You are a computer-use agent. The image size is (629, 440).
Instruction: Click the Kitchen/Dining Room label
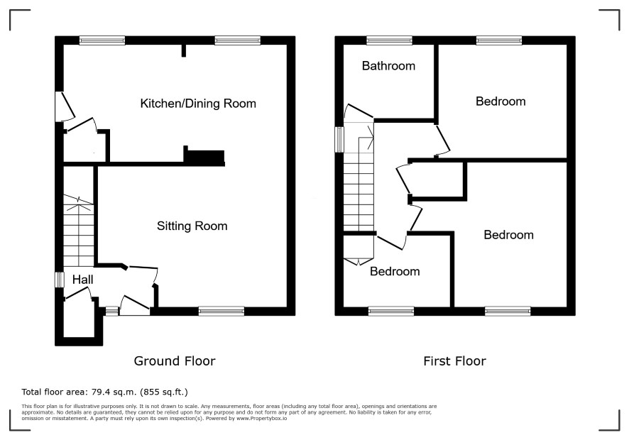pos(198,104)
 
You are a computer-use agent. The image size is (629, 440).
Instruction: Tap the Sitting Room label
pos(192,226)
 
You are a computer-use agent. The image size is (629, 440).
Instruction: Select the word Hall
pos(82,280)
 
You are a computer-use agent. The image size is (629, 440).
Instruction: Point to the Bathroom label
pos(388,66)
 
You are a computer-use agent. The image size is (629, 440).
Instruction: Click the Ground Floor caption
pos(175,361)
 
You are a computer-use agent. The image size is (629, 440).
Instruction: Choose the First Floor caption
pos(454,361)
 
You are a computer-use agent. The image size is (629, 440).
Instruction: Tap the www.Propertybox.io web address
pos(261,418)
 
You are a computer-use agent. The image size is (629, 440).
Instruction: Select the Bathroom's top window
pos(389,40)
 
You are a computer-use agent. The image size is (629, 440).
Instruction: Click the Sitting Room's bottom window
pos(221,311)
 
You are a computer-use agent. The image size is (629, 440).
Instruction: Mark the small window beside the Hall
pos(60,280)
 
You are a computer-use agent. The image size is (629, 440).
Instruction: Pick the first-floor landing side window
pos(339,140)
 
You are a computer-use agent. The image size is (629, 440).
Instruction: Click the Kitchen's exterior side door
pos(67,107)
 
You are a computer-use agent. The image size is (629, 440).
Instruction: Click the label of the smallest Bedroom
pos(395,271)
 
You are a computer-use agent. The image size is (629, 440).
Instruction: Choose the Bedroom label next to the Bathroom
pos(501,101)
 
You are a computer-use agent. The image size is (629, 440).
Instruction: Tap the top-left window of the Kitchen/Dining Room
pos(102,40)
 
